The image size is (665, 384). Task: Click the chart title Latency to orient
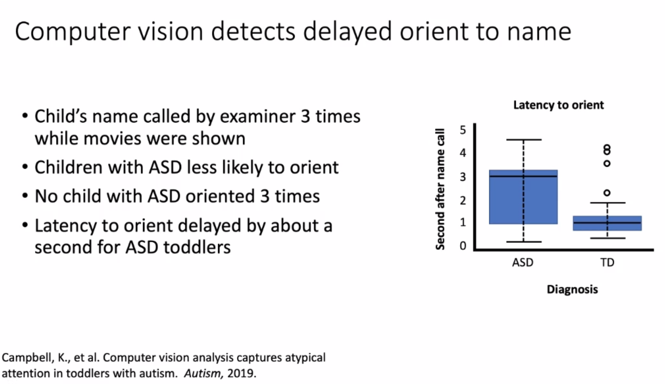coord(559,105)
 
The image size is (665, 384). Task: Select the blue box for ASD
coord(523,197)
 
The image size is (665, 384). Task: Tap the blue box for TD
coord(607,223)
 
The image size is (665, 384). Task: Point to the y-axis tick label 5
coord(463,130)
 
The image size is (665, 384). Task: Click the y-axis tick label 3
coord(463,177)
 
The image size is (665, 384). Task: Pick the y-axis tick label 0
coord(463,246)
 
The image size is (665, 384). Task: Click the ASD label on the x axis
coord(523,262)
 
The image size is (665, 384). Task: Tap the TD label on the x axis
coord(607,262)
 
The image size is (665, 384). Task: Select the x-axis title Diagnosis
coord(572,289)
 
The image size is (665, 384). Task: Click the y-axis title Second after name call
coord(440,189)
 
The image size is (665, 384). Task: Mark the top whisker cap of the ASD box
coord(524,140)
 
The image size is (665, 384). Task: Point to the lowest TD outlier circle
coord(607,193)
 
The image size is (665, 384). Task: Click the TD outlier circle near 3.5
coord(607,163)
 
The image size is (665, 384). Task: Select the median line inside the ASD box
coord(523,176)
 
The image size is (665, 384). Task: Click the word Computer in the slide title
coord(73,32)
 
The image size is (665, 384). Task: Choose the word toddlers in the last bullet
coord(197,247)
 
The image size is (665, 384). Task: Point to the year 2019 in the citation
coord(241,373)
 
